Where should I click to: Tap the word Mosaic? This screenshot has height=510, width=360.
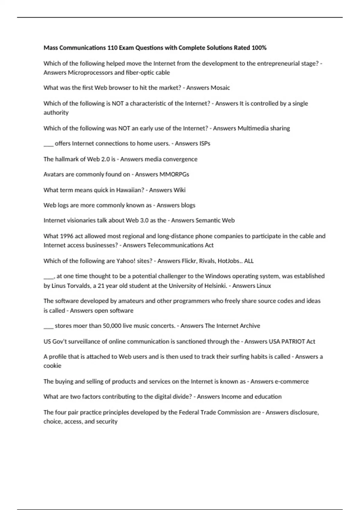[220, 88]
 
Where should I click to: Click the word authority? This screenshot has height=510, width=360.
[56, 112]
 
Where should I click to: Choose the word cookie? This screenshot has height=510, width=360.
[52, 366]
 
